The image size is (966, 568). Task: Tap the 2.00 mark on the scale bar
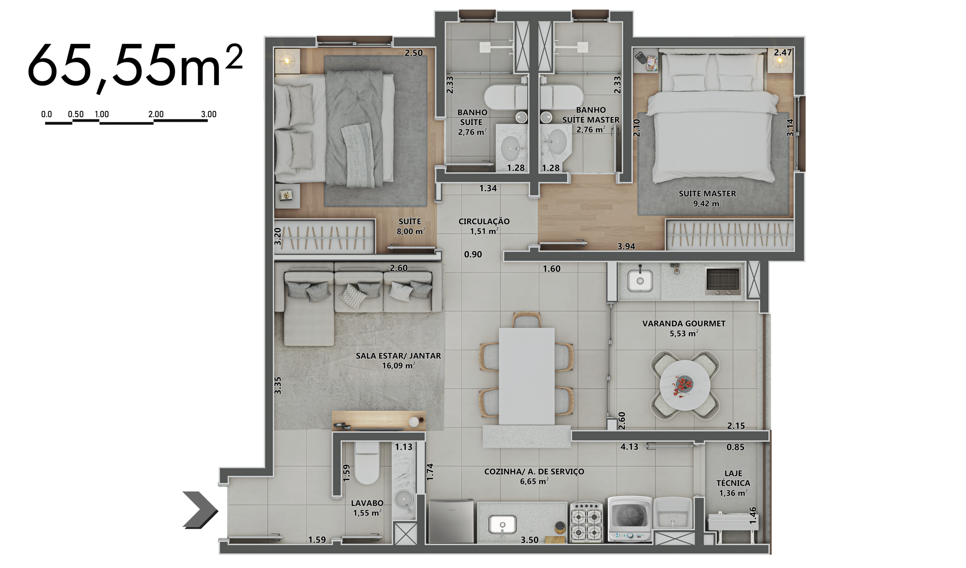156,114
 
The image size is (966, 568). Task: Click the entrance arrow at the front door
200,510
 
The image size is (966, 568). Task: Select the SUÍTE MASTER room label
707,193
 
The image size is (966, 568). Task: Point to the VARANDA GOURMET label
684,324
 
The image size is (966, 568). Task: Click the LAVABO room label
367,503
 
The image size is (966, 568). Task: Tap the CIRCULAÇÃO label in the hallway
484,221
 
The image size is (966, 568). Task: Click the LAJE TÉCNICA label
733,478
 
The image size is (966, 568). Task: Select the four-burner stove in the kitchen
586,522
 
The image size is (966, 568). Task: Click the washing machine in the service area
630,519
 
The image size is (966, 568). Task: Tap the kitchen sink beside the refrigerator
502,525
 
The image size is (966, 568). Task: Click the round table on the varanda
685,385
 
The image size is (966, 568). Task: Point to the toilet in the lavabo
367,463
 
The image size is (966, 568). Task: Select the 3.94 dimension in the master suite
626,246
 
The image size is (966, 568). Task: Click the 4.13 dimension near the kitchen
629,447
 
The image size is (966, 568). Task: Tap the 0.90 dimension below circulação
473,255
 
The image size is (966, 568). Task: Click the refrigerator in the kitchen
451,521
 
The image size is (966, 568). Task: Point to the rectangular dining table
527,376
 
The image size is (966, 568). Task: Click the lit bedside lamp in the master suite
780,61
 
